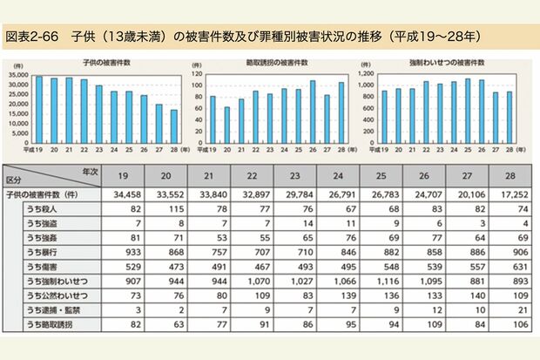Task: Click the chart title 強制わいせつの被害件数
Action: (442, 65)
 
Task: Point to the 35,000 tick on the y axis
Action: (18, 76)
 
